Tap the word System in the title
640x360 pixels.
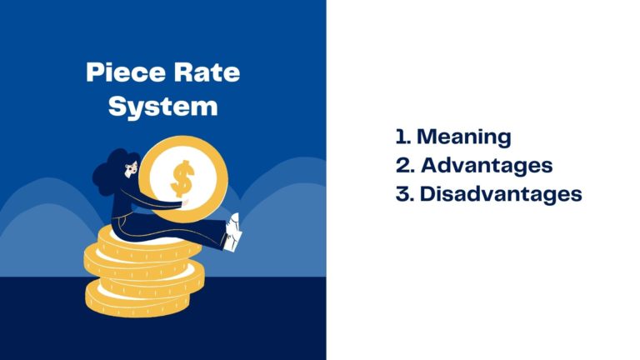coord(163,107)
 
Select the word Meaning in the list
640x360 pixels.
coord(463,137)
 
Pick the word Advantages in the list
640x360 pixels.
coord(485,165)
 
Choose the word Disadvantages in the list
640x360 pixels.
coord(500,194)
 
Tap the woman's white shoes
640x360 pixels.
coord(236,232)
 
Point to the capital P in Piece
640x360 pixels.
coord(94,72)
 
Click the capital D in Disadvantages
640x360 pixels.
coord(427,194)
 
